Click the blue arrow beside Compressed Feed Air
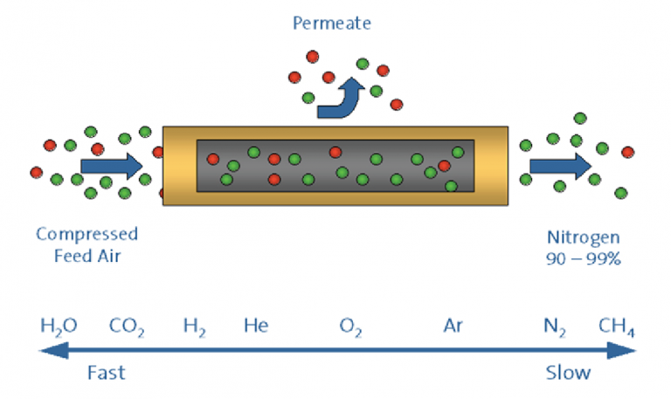(x=111, y=165)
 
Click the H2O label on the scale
(x=59, y=327)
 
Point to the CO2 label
(x=127, y=327)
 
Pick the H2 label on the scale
(x=195, y=327)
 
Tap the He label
(x=256, y=327)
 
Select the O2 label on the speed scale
(x=351, y=327)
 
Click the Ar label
(x=453, y=327)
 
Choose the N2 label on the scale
(x=555, y=327)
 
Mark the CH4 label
(x=617, y=327)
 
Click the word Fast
(x=106, y=373)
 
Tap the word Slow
(x=568, y=373)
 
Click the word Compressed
(x=86, y=235)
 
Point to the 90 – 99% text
(x=583, y=258)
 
